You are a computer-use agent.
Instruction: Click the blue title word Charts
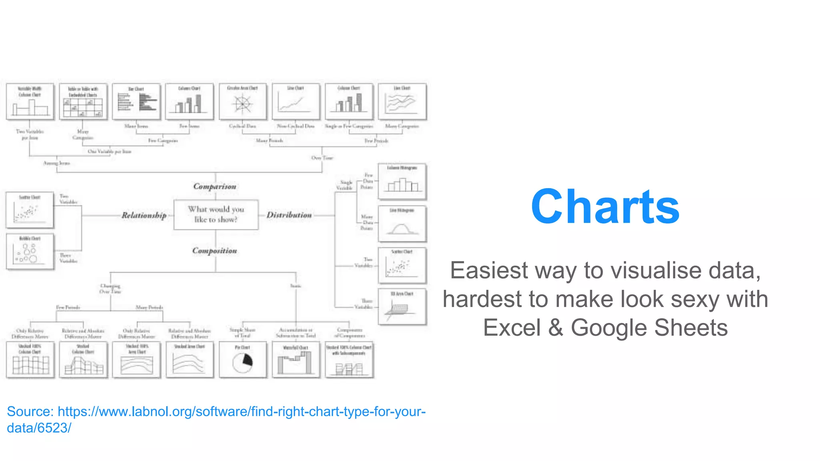tap(605, 206)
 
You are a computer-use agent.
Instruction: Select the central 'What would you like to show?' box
tap(216, 214)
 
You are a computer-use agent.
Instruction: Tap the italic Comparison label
tap(215, 186)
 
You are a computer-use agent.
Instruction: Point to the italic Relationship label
tap(144, 215)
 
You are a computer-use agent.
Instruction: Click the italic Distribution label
tap(289, 215)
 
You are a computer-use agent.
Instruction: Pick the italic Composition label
tap(215, 251)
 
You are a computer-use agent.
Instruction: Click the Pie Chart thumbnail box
tap(243, 359)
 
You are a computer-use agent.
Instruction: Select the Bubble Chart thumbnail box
tap(30, 252)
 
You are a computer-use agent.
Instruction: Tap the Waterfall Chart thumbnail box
tap(296, 359)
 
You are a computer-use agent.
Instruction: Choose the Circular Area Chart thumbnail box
tap(243, 102)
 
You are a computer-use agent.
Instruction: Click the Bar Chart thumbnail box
tap(137, 102)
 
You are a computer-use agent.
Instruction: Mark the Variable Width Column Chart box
tap(30, 102)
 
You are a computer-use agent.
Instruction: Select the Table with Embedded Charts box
tap(83, 102)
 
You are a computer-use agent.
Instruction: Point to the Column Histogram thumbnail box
tap(402, 182)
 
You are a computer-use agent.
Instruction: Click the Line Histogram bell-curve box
tap(402, 224)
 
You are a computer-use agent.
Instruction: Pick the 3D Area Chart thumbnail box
tap(402, 307)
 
